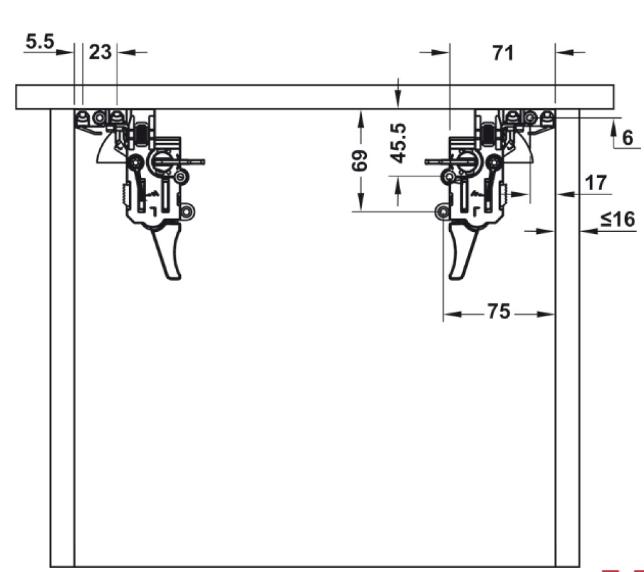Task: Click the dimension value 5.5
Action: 40,41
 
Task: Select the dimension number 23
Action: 100,52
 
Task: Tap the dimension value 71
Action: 503,53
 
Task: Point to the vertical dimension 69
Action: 359,160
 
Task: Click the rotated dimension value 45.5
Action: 399,143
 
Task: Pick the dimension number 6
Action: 627,137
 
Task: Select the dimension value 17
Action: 596,183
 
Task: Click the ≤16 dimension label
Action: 618,219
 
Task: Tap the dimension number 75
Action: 498,311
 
